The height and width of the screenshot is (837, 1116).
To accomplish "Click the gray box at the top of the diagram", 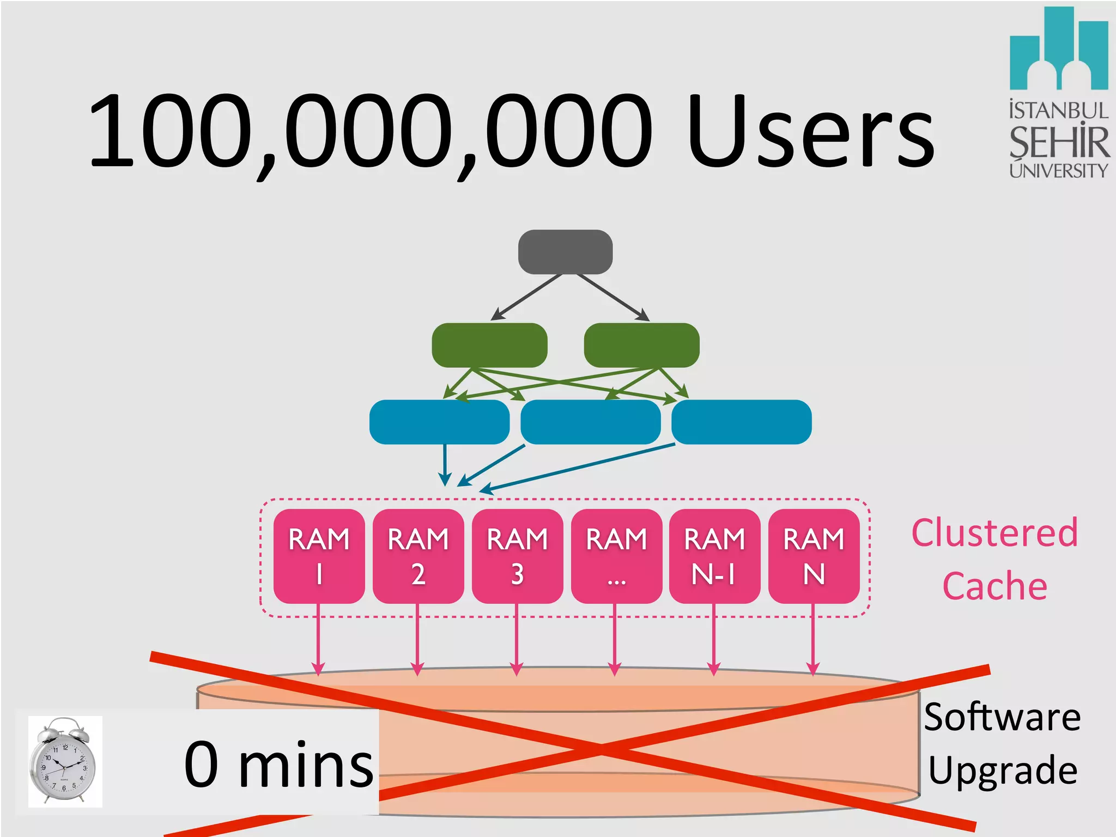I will tap(565, 252).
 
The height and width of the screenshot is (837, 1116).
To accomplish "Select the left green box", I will tap(489, 345).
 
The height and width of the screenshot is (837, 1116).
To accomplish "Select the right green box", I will tap(641, 345).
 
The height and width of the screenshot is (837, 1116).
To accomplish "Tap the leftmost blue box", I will tap(439, 422).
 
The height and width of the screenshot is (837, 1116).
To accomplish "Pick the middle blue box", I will tap(591, 422).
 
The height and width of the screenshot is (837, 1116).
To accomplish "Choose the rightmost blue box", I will tap(741, 422).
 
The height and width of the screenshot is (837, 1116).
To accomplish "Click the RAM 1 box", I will tap(319, 556).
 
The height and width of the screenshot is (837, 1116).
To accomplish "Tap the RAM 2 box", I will tap(418, 556).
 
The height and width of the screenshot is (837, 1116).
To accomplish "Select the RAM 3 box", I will tap(517, 556).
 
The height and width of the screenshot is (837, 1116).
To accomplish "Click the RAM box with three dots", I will tap(616, 556).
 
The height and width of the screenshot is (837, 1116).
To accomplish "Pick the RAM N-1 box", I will tap(714, 556).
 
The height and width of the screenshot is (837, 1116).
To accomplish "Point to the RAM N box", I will tap(814, 556).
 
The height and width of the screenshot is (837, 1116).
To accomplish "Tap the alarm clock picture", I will tap(64, 761).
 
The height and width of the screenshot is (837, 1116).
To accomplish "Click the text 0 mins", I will tap(279, 764).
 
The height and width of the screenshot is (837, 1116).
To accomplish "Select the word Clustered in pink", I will tap(994, 533).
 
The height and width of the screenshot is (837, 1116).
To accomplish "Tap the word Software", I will tap(1002, 718).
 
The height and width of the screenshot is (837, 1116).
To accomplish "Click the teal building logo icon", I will tap(1058, 49).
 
